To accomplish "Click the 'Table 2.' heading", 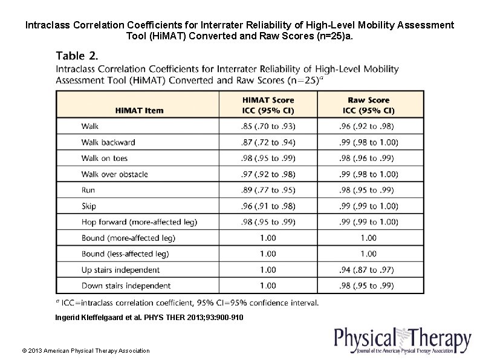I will point(76,56).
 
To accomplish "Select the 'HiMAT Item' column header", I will point(139,110).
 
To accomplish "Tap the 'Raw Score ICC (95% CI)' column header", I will point(368,105).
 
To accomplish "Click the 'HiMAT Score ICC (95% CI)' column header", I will point(268,105).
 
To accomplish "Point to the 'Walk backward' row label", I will point(108,142).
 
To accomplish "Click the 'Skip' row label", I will point(89,206).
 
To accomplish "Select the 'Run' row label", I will point(88,190).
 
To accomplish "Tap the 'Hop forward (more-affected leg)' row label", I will point(139,222).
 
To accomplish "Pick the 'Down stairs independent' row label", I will point(126,286).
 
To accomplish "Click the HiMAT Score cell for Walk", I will point(268,126).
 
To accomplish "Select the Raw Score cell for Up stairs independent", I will point(368,270).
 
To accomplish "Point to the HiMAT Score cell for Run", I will point(268,190).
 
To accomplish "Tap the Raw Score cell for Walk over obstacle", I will point(368,174).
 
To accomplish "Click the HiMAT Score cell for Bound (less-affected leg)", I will point(268,254).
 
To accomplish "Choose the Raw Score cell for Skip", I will point(368,206).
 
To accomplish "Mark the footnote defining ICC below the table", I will point(187,303).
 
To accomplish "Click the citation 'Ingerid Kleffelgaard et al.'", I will point(149,317).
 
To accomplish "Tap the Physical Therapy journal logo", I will point(402,340).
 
